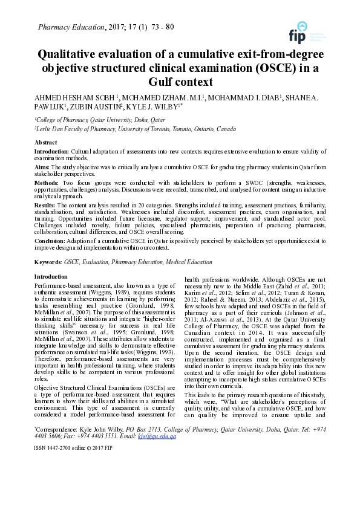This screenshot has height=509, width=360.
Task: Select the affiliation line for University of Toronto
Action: tap(135, 129)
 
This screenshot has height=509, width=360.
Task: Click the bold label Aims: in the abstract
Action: tap(42, 165)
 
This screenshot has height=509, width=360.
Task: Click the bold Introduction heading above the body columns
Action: tap(51, 276)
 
